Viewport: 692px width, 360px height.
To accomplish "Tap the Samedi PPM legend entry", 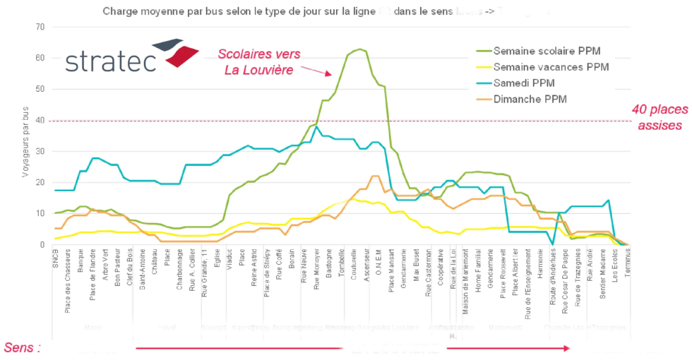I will (x=523, y=83).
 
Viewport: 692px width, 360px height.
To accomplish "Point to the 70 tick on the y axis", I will (x=40, y=27).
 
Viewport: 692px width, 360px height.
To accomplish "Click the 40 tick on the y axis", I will (x=40, y=121).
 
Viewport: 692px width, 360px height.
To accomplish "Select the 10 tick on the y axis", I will (x=40, y=213).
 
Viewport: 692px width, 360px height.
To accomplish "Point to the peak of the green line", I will (x=360, y=49).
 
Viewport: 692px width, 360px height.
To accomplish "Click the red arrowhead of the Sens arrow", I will (x=566, y=348).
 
